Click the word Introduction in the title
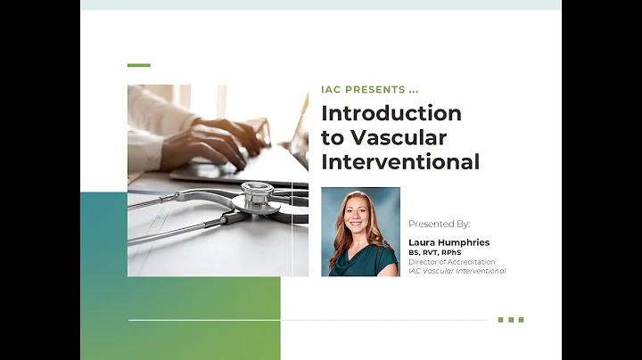pyautogui.click(x=391, y=114)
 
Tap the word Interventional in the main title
pyautogui.click(x=400, y=162)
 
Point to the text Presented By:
pyautogui.click(x=439, y=224)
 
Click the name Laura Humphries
pyautogui.click(x=449, y=242)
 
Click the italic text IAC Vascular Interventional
pyautogui.click(x=457, y=271)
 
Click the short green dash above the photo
pyautogui.click(x=138, y=65)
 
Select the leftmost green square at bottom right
pyautogui.click(x=501, y=319)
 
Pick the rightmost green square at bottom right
pyautogui.click(x=521, y=319)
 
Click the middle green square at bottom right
pyautogui.click(x=511, y=319)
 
